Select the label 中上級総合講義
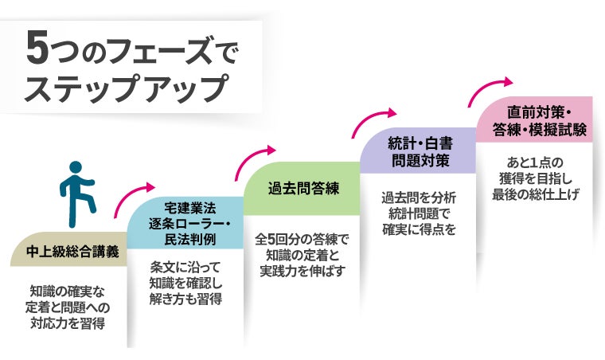point(72,252)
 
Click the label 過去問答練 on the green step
point(303,189)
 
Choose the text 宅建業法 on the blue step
point(189,208)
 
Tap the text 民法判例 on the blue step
point(189,239)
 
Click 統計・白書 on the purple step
point(420,144)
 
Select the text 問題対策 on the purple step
point(420,160)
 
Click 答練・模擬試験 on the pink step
point(539,129)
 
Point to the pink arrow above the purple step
point(369,119)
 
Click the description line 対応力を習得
point(68,323)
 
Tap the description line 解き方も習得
point(186,299)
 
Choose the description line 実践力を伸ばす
point(302,271)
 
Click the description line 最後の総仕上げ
point(536,194)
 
